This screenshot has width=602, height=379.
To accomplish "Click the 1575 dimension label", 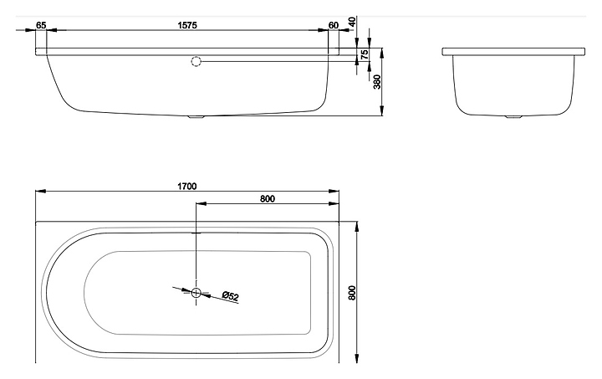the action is click(x=187, y=25).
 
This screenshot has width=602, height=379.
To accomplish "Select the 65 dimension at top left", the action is click(x=41, y=25).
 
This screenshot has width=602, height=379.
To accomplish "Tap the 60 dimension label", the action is click(x=334, y=25).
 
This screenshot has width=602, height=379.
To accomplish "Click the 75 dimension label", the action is click(x=365, y=54).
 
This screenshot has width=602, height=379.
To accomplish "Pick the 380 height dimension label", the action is click(x=377, y=82).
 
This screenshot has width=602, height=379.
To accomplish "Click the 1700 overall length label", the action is click(x=187, y=187).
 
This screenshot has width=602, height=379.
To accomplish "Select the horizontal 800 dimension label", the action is click(x=268, y=198).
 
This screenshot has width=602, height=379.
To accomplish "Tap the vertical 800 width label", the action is click(x=353, y=293).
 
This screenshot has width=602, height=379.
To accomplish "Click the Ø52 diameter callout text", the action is click(x=231, y=296).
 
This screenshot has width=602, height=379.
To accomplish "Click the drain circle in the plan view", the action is click(x=196, y=293).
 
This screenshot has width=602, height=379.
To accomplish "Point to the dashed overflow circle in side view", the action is click(x=196, y=61).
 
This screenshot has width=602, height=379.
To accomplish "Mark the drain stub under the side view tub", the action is click(x=196, y=117).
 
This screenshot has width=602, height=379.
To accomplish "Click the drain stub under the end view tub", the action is click(x=513, y=117).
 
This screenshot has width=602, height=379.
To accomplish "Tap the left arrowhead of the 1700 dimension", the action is click(x=41, y=191).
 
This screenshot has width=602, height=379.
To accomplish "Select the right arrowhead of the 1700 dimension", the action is click(x=334, y=191).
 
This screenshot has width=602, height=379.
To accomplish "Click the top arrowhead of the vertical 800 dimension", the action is click(x=357, y=227).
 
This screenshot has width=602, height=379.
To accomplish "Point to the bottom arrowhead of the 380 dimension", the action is click(x=381, y=110).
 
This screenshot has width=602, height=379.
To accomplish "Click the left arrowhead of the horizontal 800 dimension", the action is click(x=202, y=203).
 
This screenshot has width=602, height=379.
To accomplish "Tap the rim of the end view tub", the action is click(x=513, y=52).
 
